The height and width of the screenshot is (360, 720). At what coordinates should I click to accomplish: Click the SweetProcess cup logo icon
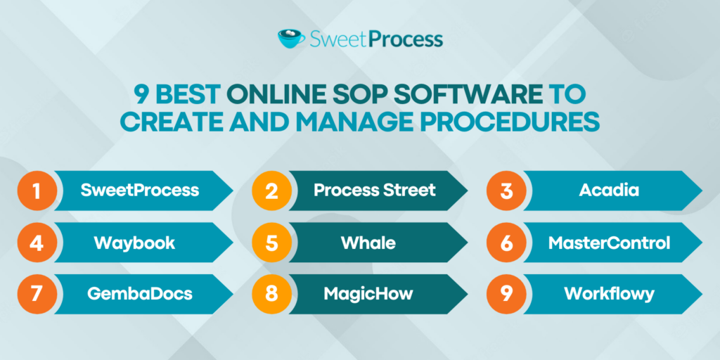(x=292, y=38)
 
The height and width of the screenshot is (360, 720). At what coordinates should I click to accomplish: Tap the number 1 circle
(x=35, y=190)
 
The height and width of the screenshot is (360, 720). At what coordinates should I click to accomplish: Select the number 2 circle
(x=271, y=190)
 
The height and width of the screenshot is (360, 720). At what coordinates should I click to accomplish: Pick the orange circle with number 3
(x=506, y=190)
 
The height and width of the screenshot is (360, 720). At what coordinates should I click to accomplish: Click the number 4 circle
(x=35, y=243)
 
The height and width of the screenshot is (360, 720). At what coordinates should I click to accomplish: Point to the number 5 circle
(x=271, y=243)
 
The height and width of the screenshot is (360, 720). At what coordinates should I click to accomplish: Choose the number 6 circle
(x=506, y=243)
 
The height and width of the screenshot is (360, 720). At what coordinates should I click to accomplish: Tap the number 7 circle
(x=35, y=293)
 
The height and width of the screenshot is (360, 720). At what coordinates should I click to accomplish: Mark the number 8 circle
(x=271, y=293)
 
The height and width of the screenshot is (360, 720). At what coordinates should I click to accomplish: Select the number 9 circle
(x=506, y=293)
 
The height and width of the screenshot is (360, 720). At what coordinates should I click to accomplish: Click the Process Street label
(x=374, y=190)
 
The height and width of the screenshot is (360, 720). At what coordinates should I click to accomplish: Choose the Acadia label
(x=609, y=190)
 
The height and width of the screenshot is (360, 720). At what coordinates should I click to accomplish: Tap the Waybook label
(x=134, y=243)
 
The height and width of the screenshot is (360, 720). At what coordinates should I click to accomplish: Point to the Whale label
(x=368, y=243)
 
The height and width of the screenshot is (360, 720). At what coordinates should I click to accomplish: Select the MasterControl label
(x=609, y=243)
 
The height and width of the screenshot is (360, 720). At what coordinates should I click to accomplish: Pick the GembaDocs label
(x=139, y=294)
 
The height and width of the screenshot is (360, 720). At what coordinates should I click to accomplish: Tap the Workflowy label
(x=609, y=294)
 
